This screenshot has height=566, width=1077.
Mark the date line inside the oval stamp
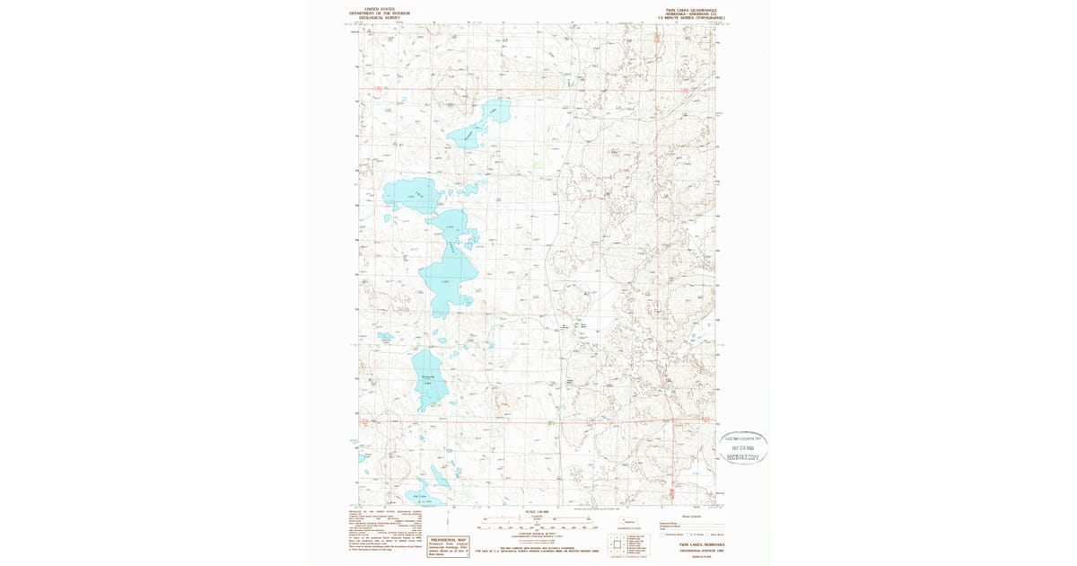point(747,447)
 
